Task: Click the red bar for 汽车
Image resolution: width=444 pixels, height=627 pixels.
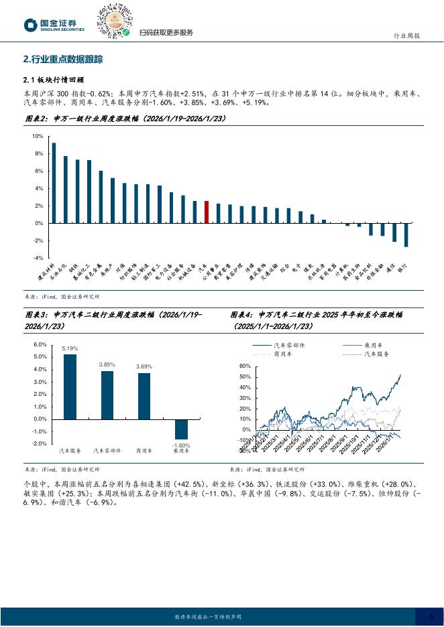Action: (x=207, y=212)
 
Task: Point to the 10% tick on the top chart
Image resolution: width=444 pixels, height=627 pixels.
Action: (x=38, y=137)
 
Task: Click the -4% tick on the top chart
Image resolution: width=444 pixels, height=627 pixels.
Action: (x=38, y=258)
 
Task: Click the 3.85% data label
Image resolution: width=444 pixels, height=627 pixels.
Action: (x=107, y=364)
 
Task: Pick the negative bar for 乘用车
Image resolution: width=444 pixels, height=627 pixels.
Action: (x=181, y=429)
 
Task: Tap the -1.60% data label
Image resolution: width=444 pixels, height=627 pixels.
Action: (x=181, y=445)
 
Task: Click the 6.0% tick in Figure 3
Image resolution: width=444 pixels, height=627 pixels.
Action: (x=40, y=344)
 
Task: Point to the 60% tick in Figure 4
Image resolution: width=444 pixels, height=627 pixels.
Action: (x=244, y=366)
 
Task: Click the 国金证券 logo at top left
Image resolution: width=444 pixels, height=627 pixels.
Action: (x=55, y=25)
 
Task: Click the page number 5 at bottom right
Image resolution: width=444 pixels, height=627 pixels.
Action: (x=432, y=616)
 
